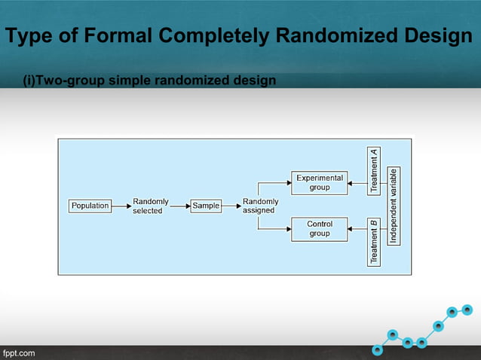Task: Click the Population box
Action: [90, 206]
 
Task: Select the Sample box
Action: [205, 206]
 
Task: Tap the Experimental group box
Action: [319, 182]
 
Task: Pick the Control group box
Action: [319, 229]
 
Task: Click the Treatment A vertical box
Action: [375, 170]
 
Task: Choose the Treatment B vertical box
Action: [375, 241]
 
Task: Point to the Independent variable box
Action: [394, 206]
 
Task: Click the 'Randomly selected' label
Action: [149, 206]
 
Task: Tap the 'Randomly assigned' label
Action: [260, 206]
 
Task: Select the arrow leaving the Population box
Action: [121, 206]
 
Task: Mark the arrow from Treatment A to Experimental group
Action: [358, 182]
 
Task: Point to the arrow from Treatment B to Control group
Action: [358, 229]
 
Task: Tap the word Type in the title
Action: [29, 35]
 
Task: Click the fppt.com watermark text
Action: [18, 352]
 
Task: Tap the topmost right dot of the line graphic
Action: [467, 309]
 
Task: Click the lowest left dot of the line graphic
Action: [377, 349]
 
